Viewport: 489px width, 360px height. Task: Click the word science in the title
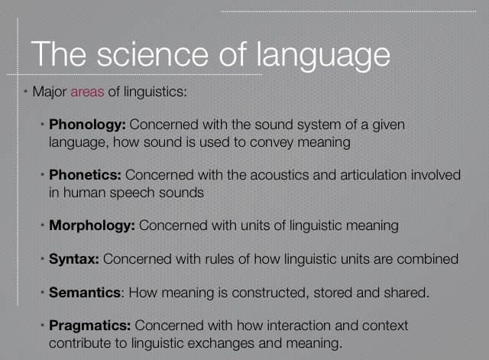pyautogui.click(x=152, y=54)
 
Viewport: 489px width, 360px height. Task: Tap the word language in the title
pyautogui.click(x=323, y=57)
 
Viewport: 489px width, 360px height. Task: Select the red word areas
pyautogui.click(x=87, y=92)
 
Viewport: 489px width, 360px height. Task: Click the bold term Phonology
pyautogui.click(x=87, y=125)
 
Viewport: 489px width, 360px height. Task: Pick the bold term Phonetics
pyautogui.click(x=85, y=175)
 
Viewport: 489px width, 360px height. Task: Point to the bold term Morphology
pyautogui.click(x=92, y=225)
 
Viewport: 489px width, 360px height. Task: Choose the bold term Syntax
pyautogui.click(x=74, y=260)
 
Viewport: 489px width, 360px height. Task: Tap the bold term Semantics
pyautogui.click(x=85, y=293)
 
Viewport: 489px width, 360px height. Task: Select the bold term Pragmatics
pyautogui.click(x=90, y=326)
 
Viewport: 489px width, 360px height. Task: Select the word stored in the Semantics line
pyautogui.click(x=333, y=293)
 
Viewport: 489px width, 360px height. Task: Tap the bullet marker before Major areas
pyautogui.click(x=26, y=92)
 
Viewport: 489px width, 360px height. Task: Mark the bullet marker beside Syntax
pyautogui.click(x=43, y=258)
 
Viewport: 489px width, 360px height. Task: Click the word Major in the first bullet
pyautogui.click(x=50, y=92)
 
